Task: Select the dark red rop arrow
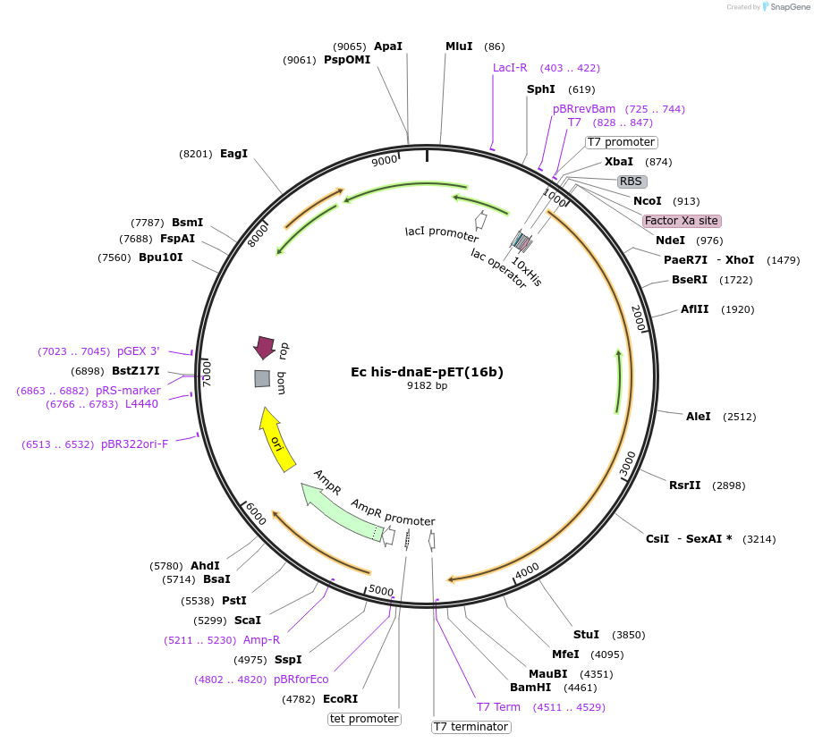[x=264, y=347]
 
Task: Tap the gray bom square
[x=262, y=379]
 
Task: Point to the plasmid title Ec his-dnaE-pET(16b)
[x=427, y=372]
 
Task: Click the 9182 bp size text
[x=427, y=385]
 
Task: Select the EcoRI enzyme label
[x=340, y=699]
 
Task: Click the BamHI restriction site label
[x=530, y=688]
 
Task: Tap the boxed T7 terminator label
[x=471, y=727]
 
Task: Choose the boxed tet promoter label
[x=364, y=719]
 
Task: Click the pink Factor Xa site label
[x=681, y=221]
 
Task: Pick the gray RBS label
[x=631, y=182]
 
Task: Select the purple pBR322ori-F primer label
[x=134, y=444]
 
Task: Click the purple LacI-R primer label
[x=510, y=68]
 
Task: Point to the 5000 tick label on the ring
[x=381, y=590]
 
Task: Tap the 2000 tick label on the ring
[x=639, y=318]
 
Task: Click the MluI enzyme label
[x=459, y=46]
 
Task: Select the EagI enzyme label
[x=233, y=154]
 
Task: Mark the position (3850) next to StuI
[x=629, y=635]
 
